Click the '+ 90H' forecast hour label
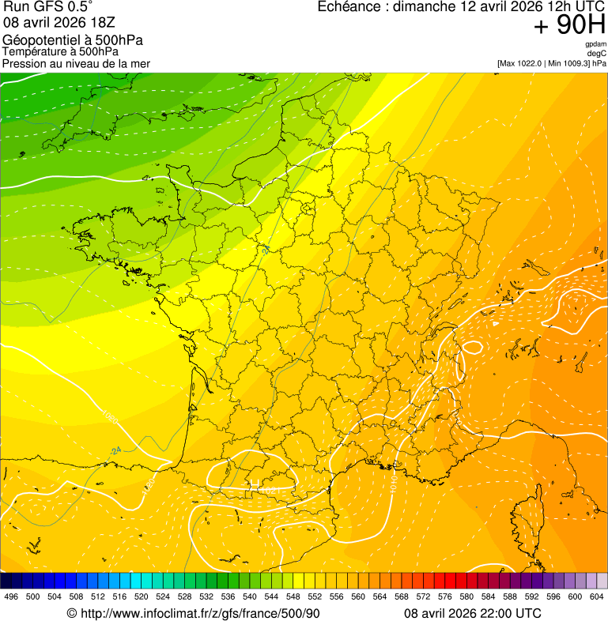tap(569, 26)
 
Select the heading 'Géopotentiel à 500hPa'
tap(74, 40)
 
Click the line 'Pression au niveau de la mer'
tap(76, 63)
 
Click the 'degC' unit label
tap(597, 53)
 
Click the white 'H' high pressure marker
tap(255, 484)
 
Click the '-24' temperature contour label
tap(115, 451)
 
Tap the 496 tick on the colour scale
tap(11, 597)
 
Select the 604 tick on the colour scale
tap(597, 597)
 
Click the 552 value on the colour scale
tap(315, 597)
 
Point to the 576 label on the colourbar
tap(445, 597)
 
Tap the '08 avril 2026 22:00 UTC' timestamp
tap(473, 613)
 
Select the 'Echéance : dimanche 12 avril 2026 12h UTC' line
tap(462, 7)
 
